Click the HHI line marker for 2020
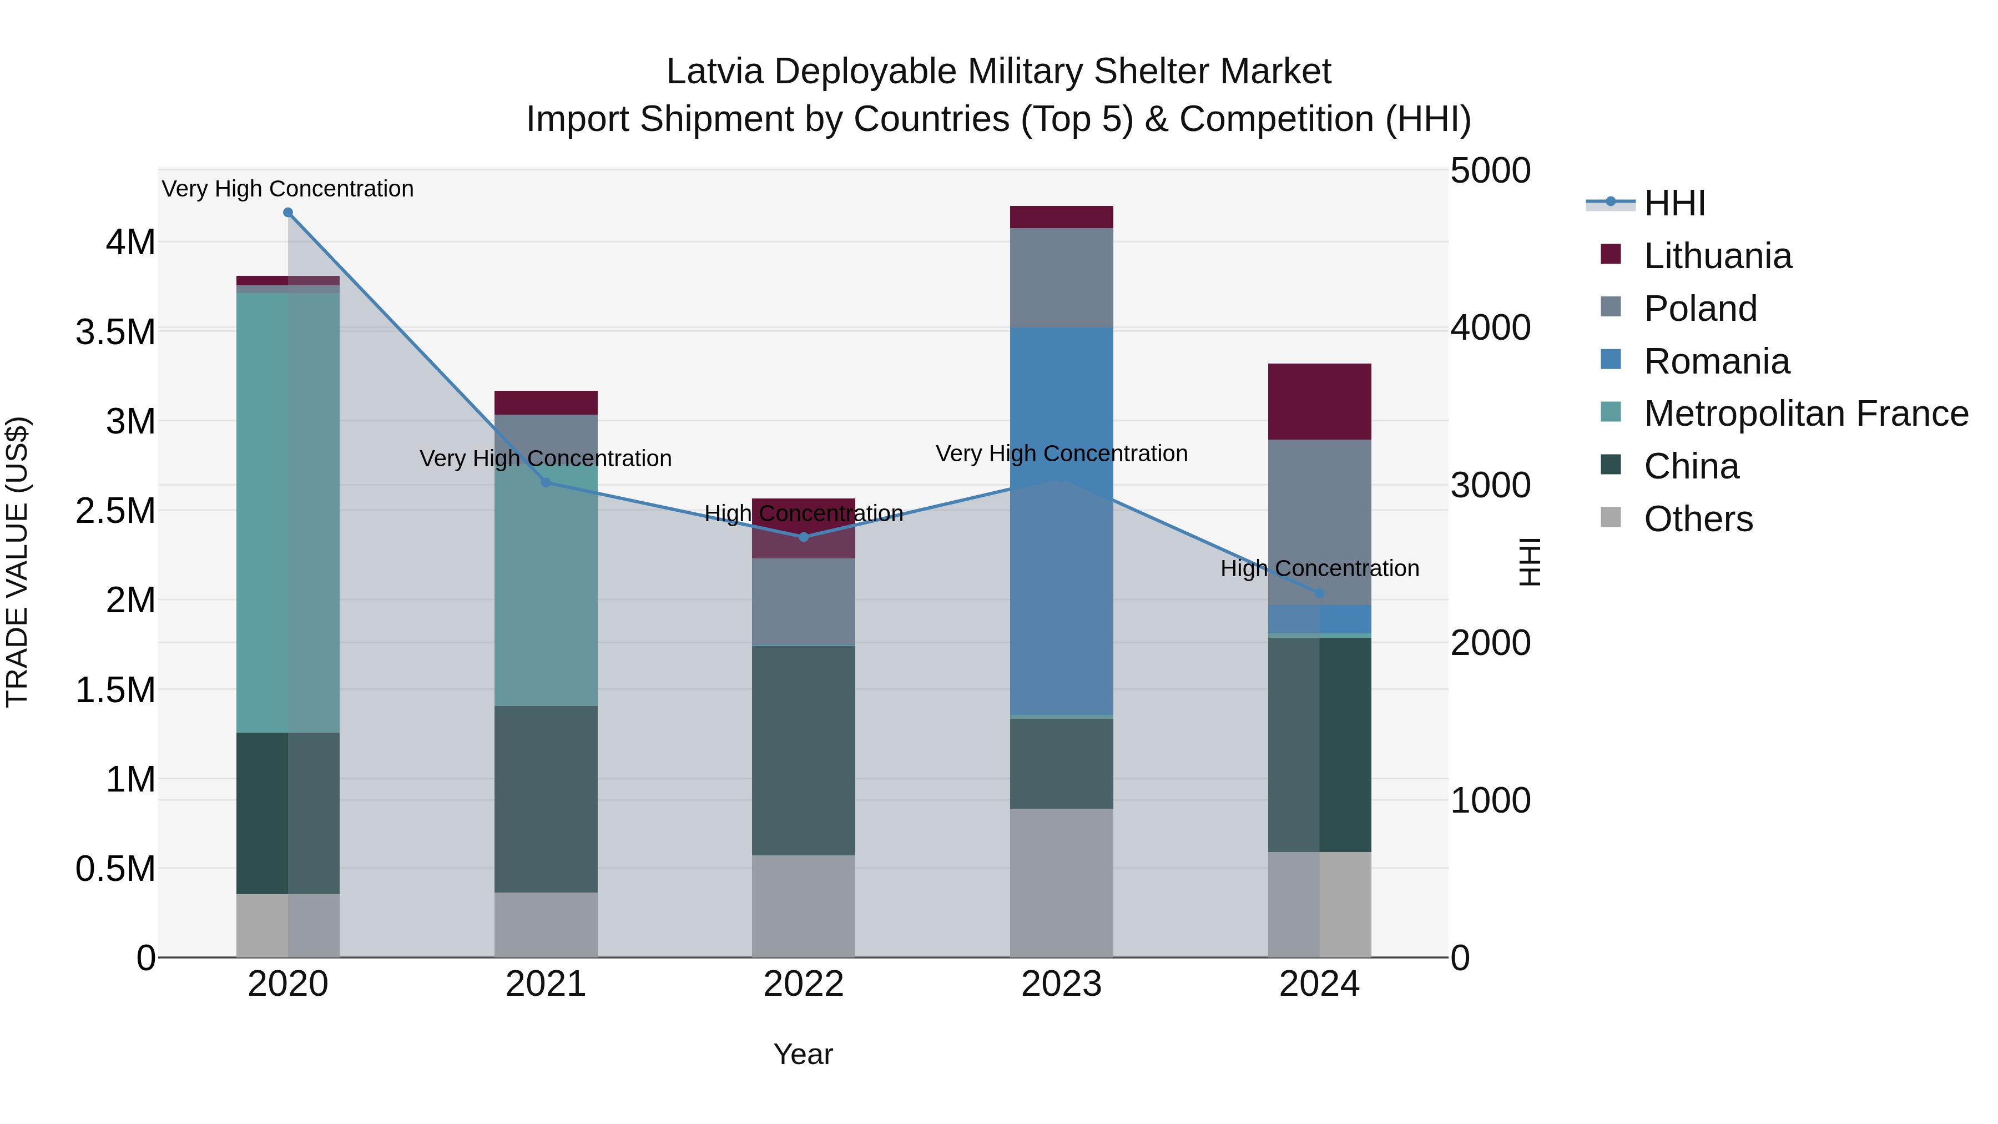click(287, 213)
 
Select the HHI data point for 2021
click(545, 482)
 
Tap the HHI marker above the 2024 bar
click(1319, 593)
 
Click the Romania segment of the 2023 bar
click(1061, 520)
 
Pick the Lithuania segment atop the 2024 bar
click(1319, 401)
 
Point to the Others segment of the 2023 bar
click(1061, 883)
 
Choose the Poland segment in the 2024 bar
click(1319, 522)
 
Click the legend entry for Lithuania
click(1717, 256)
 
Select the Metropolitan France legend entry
click(1805, 414)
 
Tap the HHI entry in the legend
click(1674, 203)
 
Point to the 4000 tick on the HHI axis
click(1490, 327)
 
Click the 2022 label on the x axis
click(804, 984)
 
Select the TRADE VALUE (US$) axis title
click(17, 562)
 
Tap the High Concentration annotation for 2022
click(804, 513)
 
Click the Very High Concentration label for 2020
click(287, 189)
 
